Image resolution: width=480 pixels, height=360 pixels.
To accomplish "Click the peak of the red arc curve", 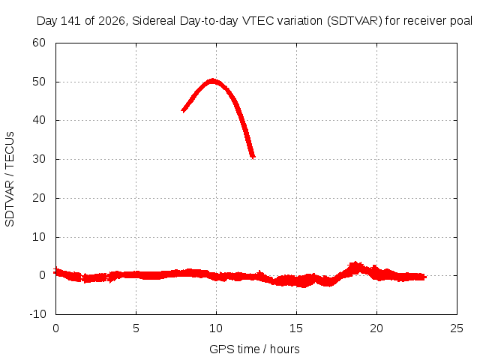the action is [x=212, y=81].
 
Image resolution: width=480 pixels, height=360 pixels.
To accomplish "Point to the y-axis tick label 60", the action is [x=39, y=43].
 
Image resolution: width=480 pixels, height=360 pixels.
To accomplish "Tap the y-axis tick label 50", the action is [x=39, y=82].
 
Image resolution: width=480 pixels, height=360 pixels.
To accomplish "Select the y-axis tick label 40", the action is [x=39, y=120].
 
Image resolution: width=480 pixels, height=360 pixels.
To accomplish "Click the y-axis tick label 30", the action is [x=39, y=159].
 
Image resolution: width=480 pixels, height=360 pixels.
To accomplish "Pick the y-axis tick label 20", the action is [x=39, y=198].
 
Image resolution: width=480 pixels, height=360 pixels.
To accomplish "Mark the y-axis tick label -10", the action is [x=37, y=314].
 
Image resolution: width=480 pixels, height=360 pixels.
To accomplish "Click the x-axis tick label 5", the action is [x=136, y=328].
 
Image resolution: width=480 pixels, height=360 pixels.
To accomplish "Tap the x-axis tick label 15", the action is [x=296, y=328].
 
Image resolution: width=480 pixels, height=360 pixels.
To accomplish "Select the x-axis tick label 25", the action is [x=457, y=328].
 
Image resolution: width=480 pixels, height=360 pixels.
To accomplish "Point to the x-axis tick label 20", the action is [x=376, y=328].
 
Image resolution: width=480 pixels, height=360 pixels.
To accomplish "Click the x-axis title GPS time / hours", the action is [x=254, y=349].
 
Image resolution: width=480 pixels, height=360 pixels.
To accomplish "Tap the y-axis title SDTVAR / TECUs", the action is [x=10, y=179].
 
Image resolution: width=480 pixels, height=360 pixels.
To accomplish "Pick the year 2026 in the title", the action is [x=112, y=21].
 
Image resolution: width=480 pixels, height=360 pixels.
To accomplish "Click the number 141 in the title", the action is [x=70, y=21].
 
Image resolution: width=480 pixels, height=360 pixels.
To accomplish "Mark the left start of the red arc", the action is [x=183, y=110].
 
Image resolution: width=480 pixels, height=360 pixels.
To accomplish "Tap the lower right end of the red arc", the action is [x=253, y=157].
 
